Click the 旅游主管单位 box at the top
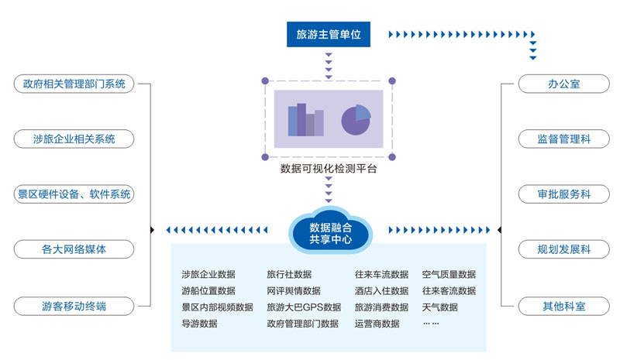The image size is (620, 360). [x=329, y=34]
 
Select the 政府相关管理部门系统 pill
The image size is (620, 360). [x=74, y=84]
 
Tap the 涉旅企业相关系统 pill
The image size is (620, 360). [x=74, y=139]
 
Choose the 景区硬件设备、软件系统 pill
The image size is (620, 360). [x=74, y=194]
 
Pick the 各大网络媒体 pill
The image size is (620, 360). [x=74, y=250]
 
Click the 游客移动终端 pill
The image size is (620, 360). [x=74, y=306]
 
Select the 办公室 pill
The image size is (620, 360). [x=563, y=84]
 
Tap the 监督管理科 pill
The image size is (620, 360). [x=563, y=139]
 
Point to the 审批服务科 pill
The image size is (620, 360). [x=563, y=194]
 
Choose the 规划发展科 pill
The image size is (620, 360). [x=563, y=250]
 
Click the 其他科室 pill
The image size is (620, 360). [x=563, y=306]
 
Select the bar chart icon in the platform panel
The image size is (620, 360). [x=305, y=120]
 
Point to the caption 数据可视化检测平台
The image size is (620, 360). [x=329, y=168]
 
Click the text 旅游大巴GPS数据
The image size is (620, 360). [x=303, y=307]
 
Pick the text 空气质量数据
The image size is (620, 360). [x=449, y=274]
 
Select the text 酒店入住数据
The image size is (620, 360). [x=381, y=291]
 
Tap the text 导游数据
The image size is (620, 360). [x=199, y=324]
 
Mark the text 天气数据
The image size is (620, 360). [x=439, y=307]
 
